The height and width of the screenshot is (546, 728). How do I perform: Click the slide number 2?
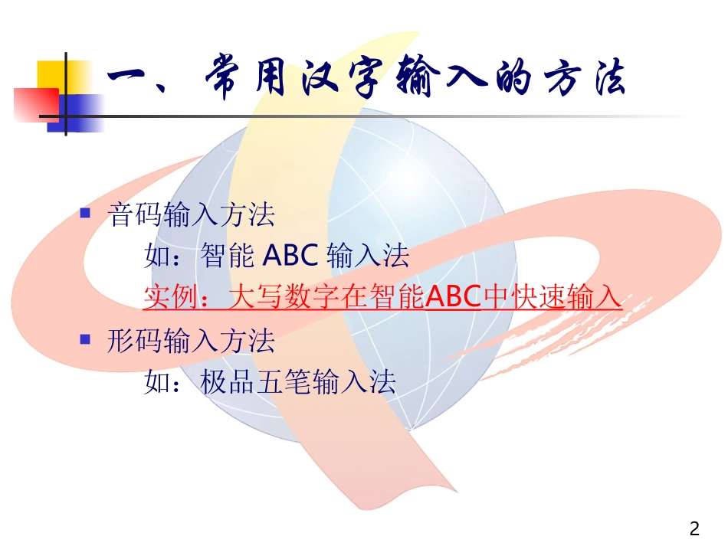(x=694, y=528)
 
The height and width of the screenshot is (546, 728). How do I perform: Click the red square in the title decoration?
(x=35, y=103)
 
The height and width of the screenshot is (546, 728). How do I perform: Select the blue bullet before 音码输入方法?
(x=86, y=213)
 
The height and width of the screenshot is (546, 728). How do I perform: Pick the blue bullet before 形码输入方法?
(x=86, y=338)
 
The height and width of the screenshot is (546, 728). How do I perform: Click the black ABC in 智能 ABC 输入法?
(x=290, y=256)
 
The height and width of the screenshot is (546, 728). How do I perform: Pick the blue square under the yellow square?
(x=80, y=113)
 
